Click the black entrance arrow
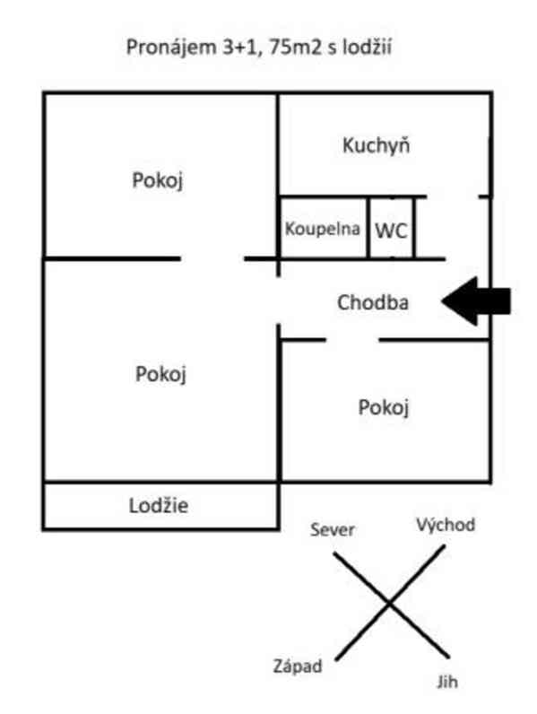(x=476, y=301)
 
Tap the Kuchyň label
(x=376, y=145)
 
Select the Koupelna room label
(x=322, y=228)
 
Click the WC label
(x=391, y=231)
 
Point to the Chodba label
(x=373, y=302)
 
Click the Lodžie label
(x=159, y=505)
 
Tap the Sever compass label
(x=333, y=529)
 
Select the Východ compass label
(x=446, y=525)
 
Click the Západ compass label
(x=298, y=666)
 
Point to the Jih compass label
(x=446, y=682)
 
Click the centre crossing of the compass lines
(x=389, y=604)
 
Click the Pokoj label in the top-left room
(x=158, y=180)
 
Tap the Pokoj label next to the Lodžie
(x=160, y=374)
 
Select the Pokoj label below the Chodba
(x=383, y=407)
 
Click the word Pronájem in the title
(x=171, y=48)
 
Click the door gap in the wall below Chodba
(x=352, y=340)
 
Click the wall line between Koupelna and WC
(x=368, y=228)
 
